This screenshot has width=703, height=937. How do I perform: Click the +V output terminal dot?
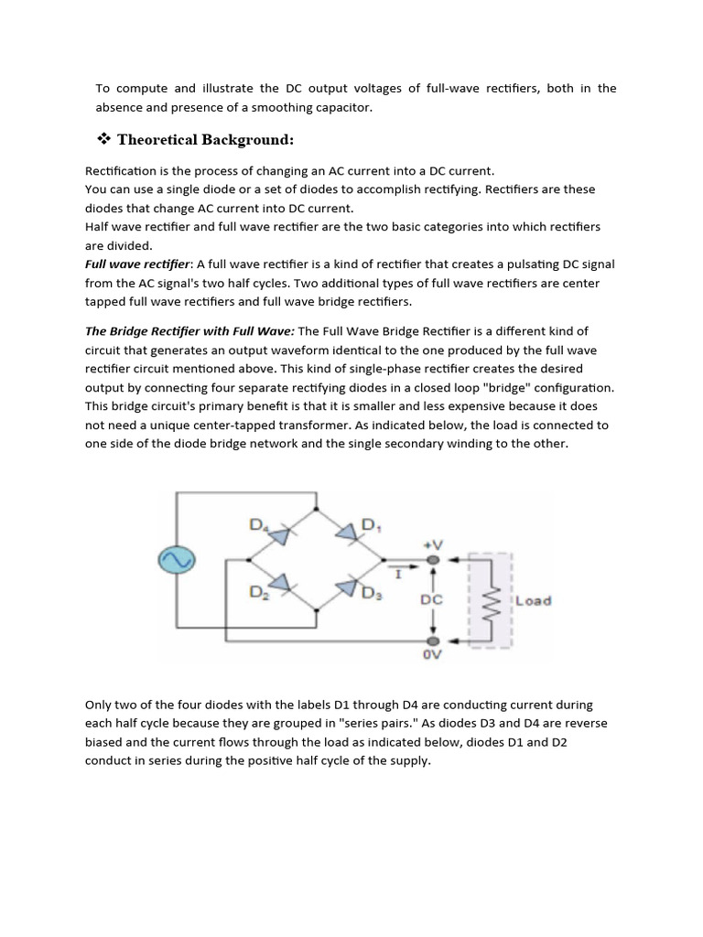[433, 560]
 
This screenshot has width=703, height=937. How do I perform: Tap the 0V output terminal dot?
[433, 641]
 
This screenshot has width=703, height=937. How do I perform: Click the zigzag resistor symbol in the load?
[490, 601]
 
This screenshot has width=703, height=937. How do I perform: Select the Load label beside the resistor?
[534, 601]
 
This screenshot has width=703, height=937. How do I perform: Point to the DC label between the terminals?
[432, 599]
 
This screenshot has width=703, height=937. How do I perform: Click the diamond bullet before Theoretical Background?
[103, 140]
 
